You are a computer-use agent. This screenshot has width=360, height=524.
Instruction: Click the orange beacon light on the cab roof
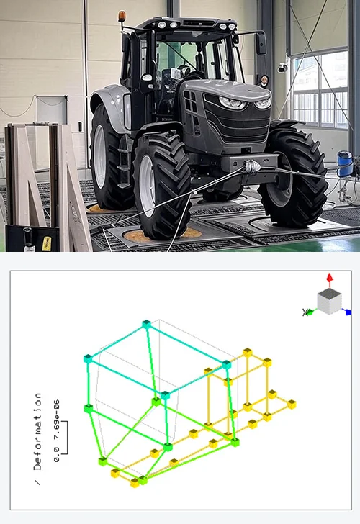click(122, 16)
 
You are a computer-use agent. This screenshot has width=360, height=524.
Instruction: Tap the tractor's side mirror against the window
click(261, 43)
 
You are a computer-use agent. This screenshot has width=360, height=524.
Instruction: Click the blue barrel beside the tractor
click(345, 164)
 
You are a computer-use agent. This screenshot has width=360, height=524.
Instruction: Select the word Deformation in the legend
click(37, 431)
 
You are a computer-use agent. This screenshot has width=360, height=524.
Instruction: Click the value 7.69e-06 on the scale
click(57, 414)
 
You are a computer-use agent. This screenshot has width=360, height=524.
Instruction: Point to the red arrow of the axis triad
click(330, 280)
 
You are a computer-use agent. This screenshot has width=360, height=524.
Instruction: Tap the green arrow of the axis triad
click(310, 312)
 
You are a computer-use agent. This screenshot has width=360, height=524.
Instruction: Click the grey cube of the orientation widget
click(329, 302)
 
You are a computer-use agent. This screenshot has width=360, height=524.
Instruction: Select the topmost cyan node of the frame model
click(146, 324)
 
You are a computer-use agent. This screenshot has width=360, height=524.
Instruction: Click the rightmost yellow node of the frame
click(292, 405)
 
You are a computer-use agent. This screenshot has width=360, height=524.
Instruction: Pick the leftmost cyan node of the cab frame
click(88, 359)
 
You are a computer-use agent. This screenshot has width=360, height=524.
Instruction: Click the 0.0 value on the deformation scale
click(57, 455)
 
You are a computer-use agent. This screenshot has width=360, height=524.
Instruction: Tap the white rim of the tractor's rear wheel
click(100, 156)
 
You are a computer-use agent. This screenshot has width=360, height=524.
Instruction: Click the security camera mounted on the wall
click(282, 68)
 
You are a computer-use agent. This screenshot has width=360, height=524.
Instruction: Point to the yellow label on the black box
click(47, 243)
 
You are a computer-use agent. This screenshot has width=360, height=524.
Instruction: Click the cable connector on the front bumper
click(251, 166)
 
